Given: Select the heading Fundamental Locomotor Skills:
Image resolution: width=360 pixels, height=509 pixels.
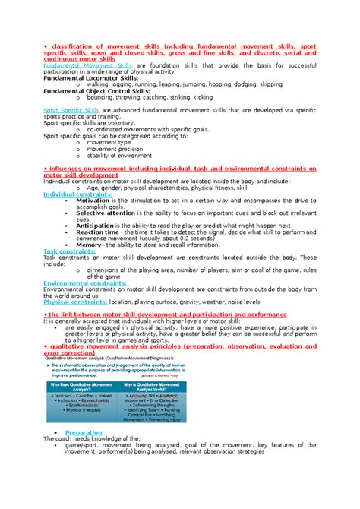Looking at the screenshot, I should pos(91,77).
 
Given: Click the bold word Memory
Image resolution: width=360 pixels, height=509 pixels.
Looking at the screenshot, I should pos(90,245).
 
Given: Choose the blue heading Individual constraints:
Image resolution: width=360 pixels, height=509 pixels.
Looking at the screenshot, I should pos(77,194).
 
